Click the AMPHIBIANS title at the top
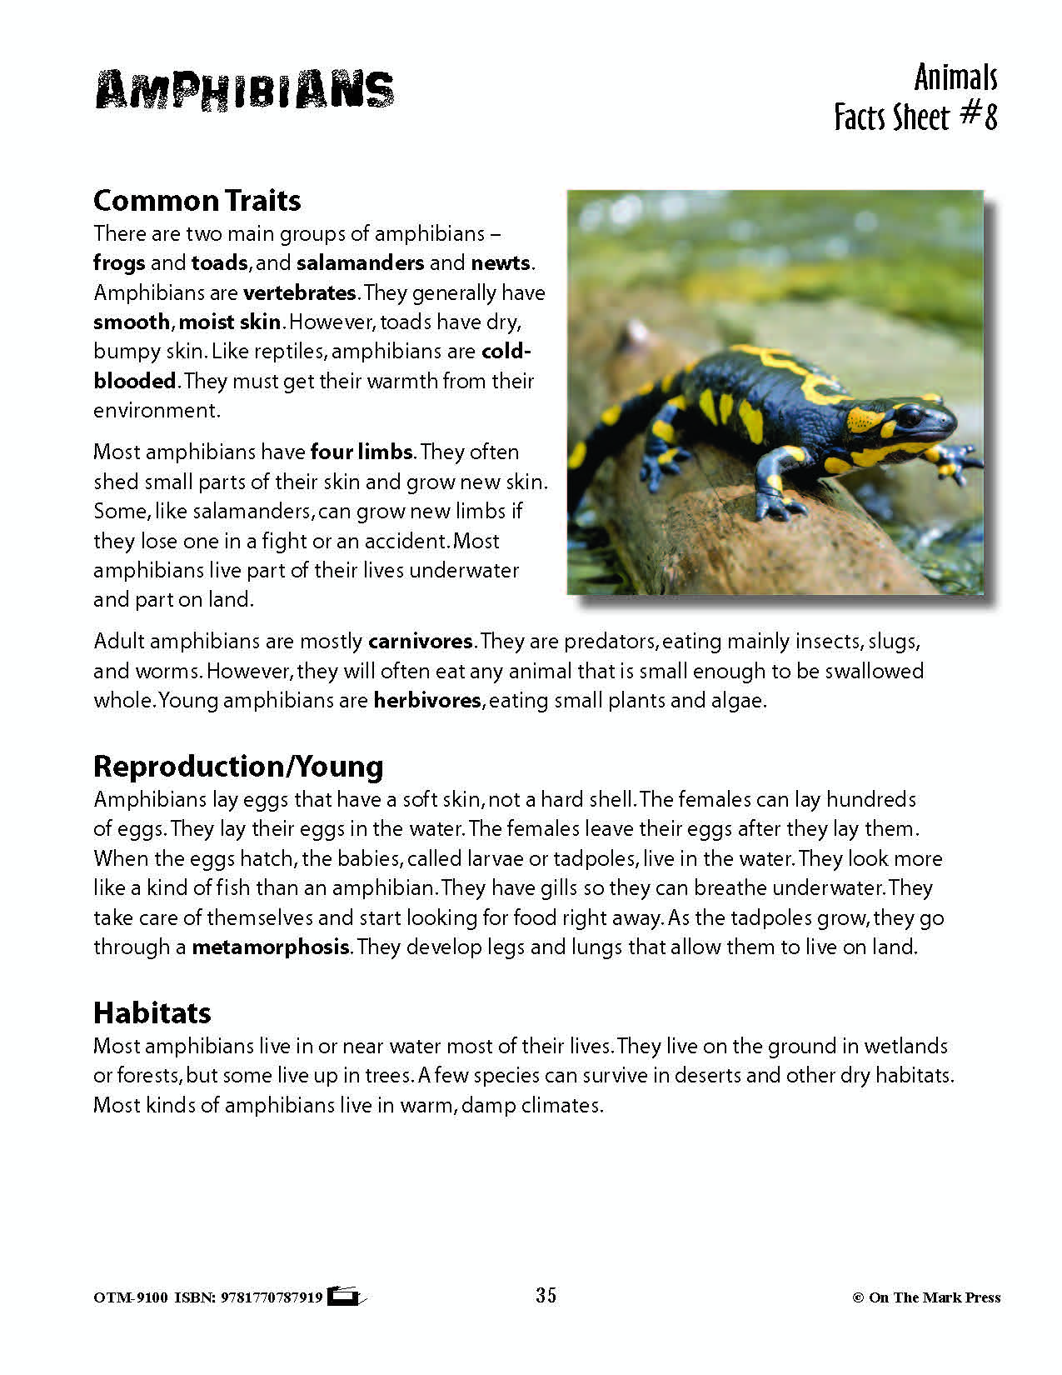point(244,89)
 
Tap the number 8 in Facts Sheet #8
point(990,117)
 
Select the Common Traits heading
point(197,200)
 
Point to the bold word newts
point(500,263)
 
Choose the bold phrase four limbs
point(361,452)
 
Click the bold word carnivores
point(421,642)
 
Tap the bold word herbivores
point(427,701)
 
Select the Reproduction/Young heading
point(238,766)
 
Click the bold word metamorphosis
point(270,947)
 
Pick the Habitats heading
point(152,1012)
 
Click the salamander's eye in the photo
point(910,414)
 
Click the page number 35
point(546,1295)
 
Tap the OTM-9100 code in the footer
point(130,1297)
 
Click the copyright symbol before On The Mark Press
point(857,1297)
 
